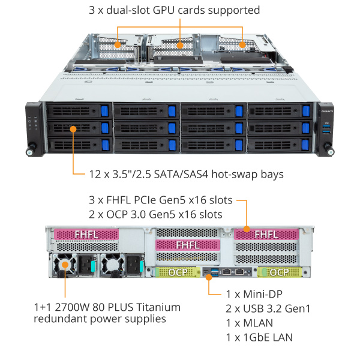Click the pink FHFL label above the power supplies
[x=85, y=233]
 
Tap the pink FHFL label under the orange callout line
[x=265, y=233]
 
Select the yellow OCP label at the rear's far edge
[x=278, y=272]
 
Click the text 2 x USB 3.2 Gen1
[x=268, y=308]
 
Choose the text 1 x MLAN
[x=248, y=323]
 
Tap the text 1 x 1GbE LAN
[x=259, y=337]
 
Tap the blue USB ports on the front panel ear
[x=326, y=129]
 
